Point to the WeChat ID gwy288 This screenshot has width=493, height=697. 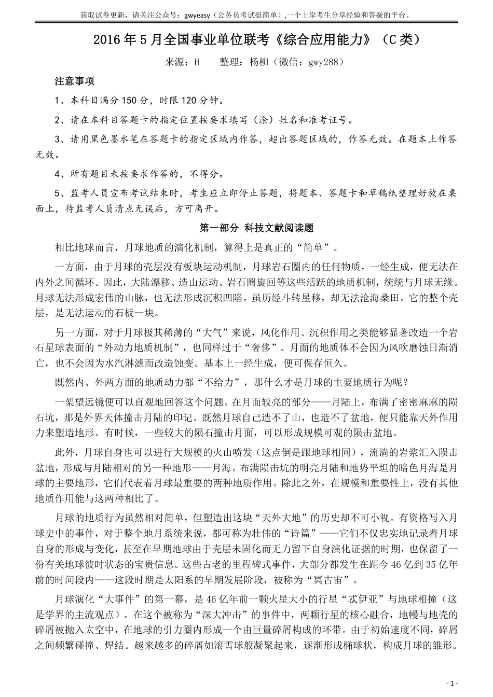[322, 62]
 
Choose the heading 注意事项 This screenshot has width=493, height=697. [75, 81]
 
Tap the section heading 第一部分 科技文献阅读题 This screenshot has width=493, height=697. [257, 228]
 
